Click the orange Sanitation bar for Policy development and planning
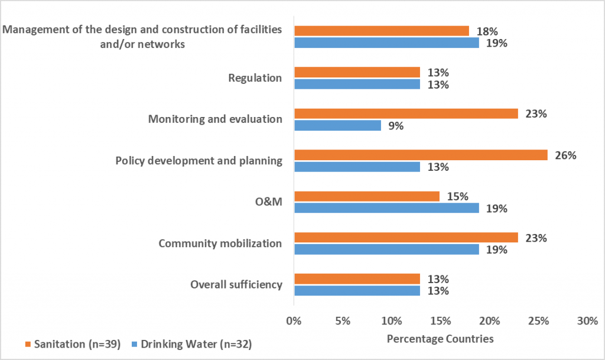[421, 155]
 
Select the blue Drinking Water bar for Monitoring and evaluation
[337, 125]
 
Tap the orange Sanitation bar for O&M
[367, 196]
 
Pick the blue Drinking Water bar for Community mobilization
[386, 249]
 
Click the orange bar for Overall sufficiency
[357, 279]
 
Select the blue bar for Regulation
[357, 84]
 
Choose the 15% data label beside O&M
[457, 196]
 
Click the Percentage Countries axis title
[440, 339]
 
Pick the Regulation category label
[255, 78]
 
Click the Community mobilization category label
[220, 244]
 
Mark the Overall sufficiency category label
[236, 285]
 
